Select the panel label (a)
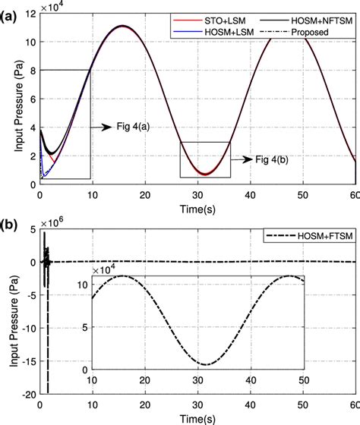click(x=11, y=8)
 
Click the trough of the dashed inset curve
click(x=207, y=365)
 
